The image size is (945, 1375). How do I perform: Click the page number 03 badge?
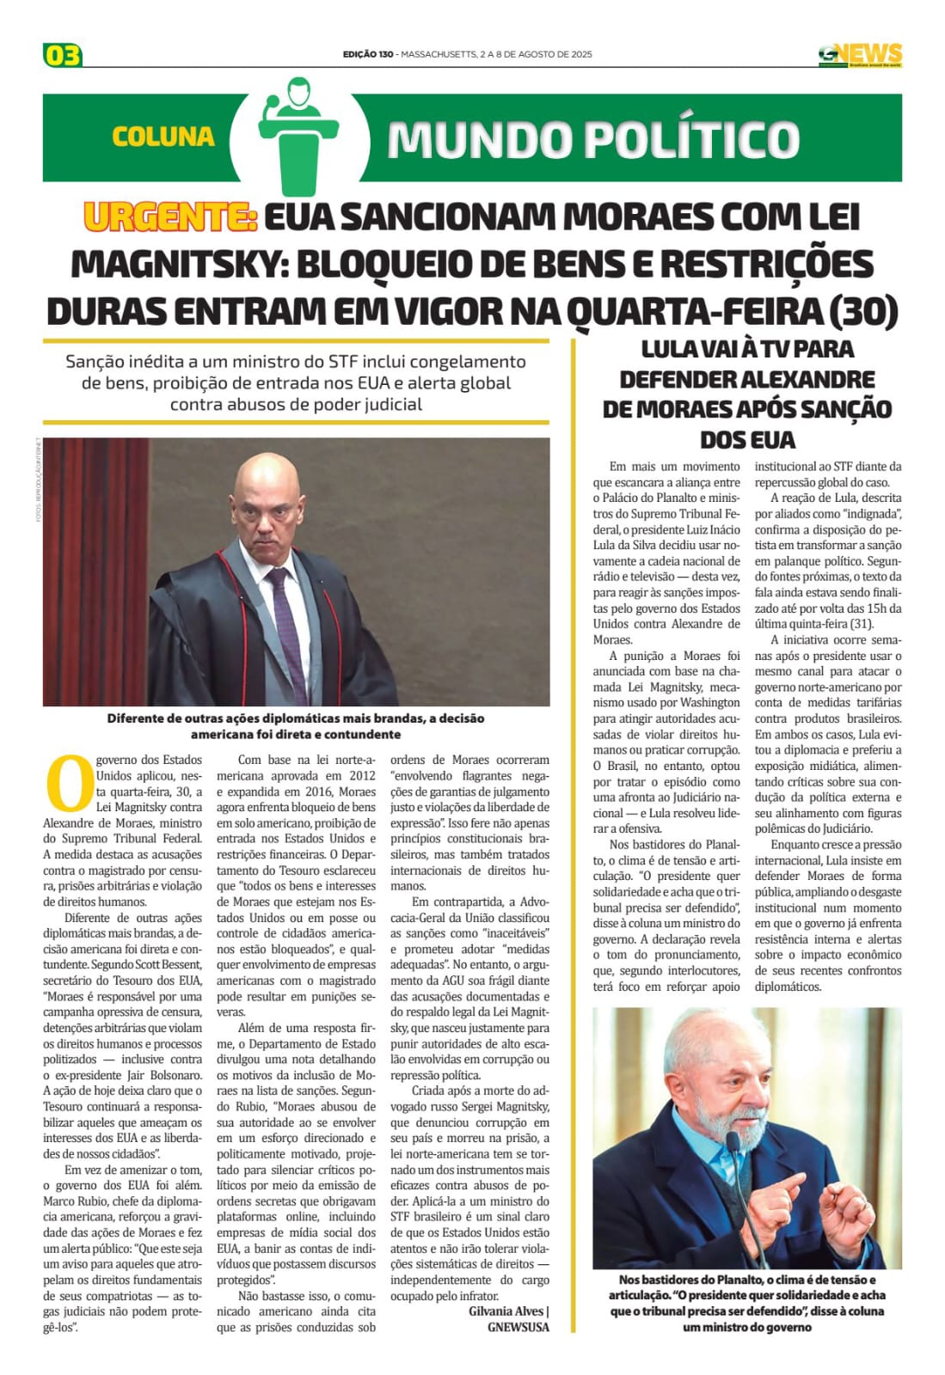coord(62,56)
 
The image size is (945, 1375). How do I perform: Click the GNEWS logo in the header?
coord(860,55)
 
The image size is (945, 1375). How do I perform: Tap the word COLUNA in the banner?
coord(163,137)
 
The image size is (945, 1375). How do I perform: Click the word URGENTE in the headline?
coord(169,217)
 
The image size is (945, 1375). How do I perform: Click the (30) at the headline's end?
coord(863,311)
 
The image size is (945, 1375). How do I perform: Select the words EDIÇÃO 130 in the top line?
coord(368,54)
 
